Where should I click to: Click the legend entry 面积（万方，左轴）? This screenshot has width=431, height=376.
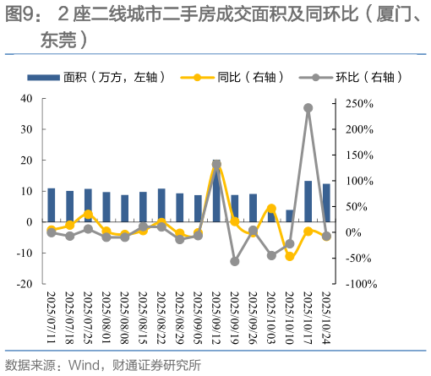[x=110, y=78]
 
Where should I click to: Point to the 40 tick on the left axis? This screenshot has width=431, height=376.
[x=27, y=98]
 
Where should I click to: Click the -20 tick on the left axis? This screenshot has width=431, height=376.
[x=25, y=284]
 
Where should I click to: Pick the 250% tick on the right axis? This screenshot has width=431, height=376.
[x=359, y=104]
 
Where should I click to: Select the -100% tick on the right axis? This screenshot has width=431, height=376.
[x=359, y=284]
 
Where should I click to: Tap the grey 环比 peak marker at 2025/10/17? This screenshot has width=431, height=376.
[x=308, y=108]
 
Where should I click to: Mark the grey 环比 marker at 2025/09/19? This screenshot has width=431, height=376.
[x=235, y=261]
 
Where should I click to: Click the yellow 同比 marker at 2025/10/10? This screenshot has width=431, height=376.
[x=290, y=256]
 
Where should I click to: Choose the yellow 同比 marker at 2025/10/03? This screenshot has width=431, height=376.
[x=271, y=208]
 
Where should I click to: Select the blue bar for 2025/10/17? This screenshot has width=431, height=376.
[x=308, y=201]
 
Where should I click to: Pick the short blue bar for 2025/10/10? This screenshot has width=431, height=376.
[x=290, y=215]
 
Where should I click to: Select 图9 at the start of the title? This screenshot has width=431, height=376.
[x=22, y=14]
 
